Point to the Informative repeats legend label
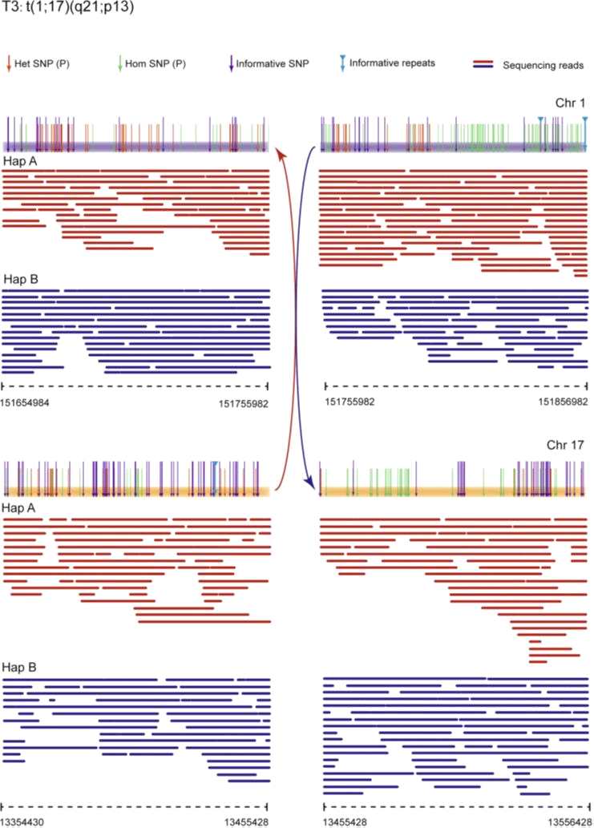[x=393, y=63]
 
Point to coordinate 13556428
[x=561, y=822]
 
